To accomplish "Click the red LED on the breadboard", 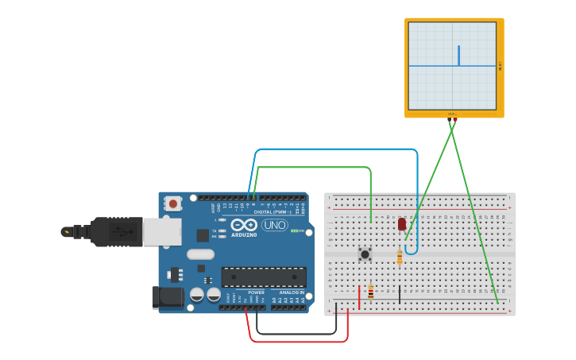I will (402, 224).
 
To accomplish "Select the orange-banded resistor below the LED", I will (399, 257).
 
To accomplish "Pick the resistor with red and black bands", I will (370, 292).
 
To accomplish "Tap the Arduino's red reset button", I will (172, 203).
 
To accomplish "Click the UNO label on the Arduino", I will (274, 225).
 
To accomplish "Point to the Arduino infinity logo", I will (244, 225).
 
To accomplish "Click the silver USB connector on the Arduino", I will (161, 231).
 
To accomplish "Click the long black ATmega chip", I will (264, 277).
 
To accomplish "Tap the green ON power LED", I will (294, 231).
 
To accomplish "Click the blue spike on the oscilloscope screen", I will (458, 56).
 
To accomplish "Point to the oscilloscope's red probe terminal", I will (454, 120).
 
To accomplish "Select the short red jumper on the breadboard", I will (359, 297).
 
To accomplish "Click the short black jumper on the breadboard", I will (400, 295).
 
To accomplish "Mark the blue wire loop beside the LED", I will (411, 251).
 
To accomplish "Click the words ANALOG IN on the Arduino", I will (291, 292).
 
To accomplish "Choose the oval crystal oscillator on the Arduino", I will (201, 254).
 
